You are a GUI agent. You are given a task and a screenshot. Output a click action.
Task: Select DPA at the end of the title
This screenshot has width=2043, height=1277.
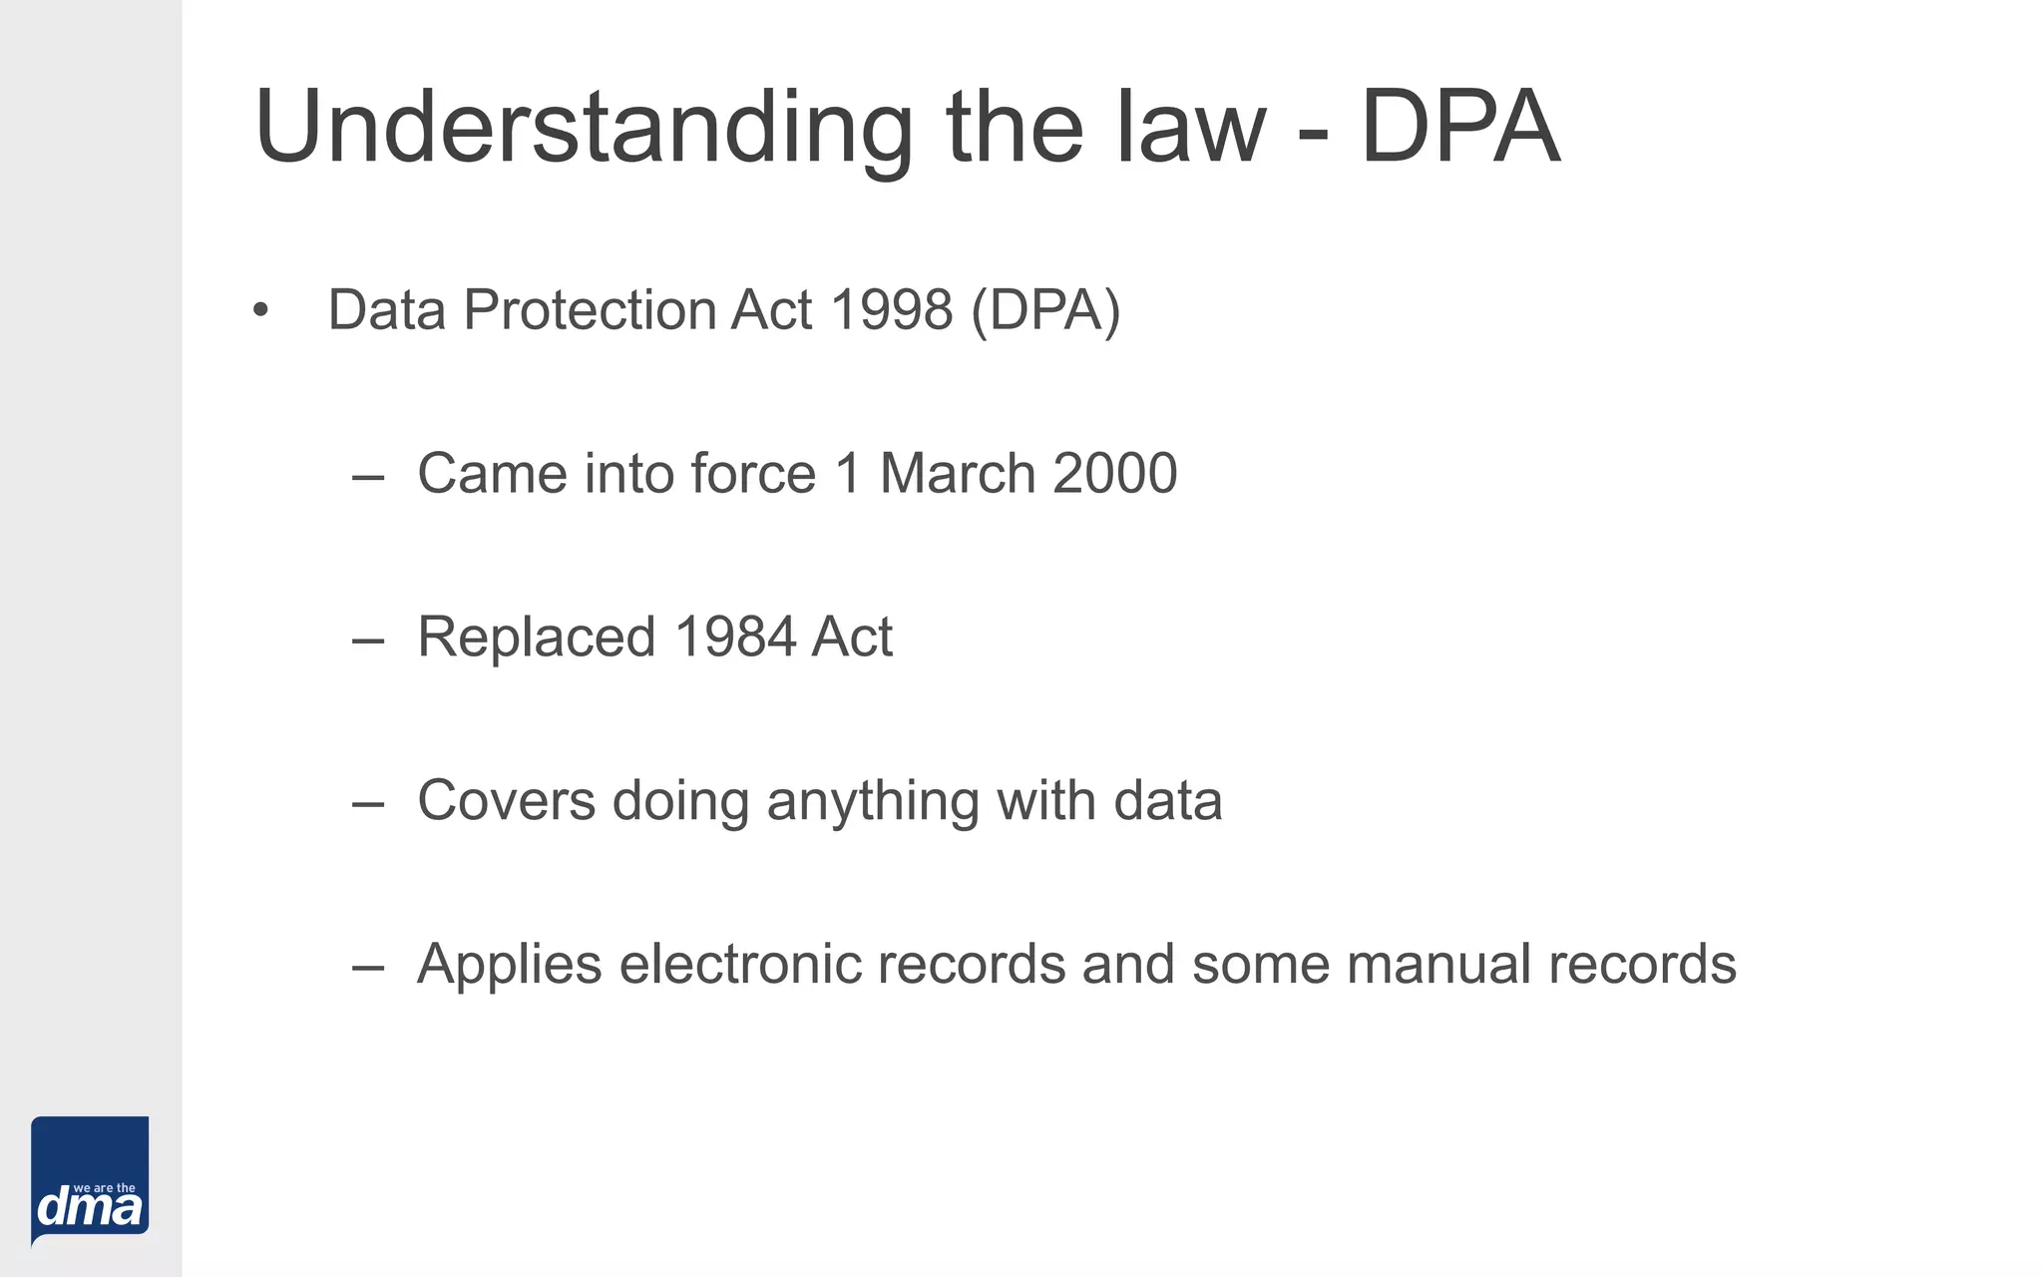click(1459, 128)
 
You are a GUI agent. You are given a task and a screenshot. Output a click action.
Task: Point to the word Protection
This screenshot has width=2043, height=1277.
click(588, 310)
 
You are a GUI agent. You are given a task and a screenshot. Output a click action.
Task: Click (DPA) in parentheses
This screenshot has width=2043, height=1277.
click(1045, 310)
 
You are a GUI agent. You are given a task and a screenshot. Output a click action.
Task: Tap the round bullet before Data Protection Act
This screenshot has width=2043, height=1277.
click(261, 311)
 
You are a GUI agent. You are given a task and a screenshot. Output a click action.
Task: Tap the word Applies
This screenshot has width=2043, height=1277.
click(510, 965)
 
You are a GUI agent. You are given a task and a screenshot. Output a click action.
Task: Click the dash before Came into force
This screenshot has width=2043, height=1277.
click(368, 477)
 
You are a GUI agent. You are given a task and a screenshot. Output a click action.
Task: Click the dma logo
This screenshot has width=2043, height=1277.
click(90, 1181)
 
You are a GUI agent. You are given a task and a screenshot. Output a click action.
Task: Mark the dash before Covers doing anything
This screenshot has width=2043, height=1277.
click(368, 804)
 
